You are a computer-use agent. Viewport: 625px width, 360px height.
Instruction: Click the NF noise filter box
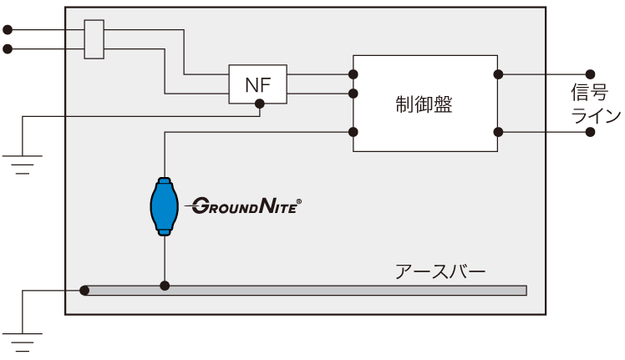tap(259, 84)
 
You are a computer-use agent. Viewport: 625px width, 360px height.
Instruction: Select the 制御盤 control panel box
tap(424, 104)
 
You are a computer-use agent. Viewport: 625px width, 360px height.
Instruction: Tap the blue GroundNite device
tap(165, 205)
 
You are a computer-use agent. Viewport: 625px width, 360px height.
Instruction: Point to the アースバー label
tap(440, 272)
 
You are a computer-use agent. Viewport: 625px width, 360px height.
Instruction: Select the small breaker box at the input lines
tap(94, 40)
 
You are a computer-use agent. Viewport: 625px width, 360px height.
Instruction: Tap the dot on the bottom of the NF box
tap(260, 104)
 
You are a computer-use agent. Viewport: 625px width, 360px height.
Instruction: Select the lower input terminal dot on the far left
tap(7, 49)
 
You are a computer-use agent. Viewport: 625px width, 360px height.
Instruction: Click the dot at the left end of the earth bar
tap(84, 290)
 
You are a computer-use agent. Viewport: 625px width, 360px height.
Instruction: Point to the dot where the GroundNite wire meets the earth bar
tap(165, 286)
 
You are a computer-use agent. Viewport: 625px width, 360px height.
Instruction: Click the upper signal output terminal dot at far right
tap(592, 74)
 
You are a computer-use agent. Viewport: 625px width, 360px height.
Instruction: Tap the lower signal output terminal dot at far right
tap(592, 132)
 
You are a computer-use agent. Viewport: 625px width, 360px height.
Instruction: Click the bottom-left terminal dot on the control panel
tap(353, 132)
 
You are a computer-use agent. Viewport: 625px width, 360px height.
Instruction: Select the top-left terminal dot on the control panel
tap(353, 74)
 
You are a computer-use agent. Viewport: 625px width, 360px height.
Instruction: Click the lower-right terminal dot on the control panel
tap(497, 132)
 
